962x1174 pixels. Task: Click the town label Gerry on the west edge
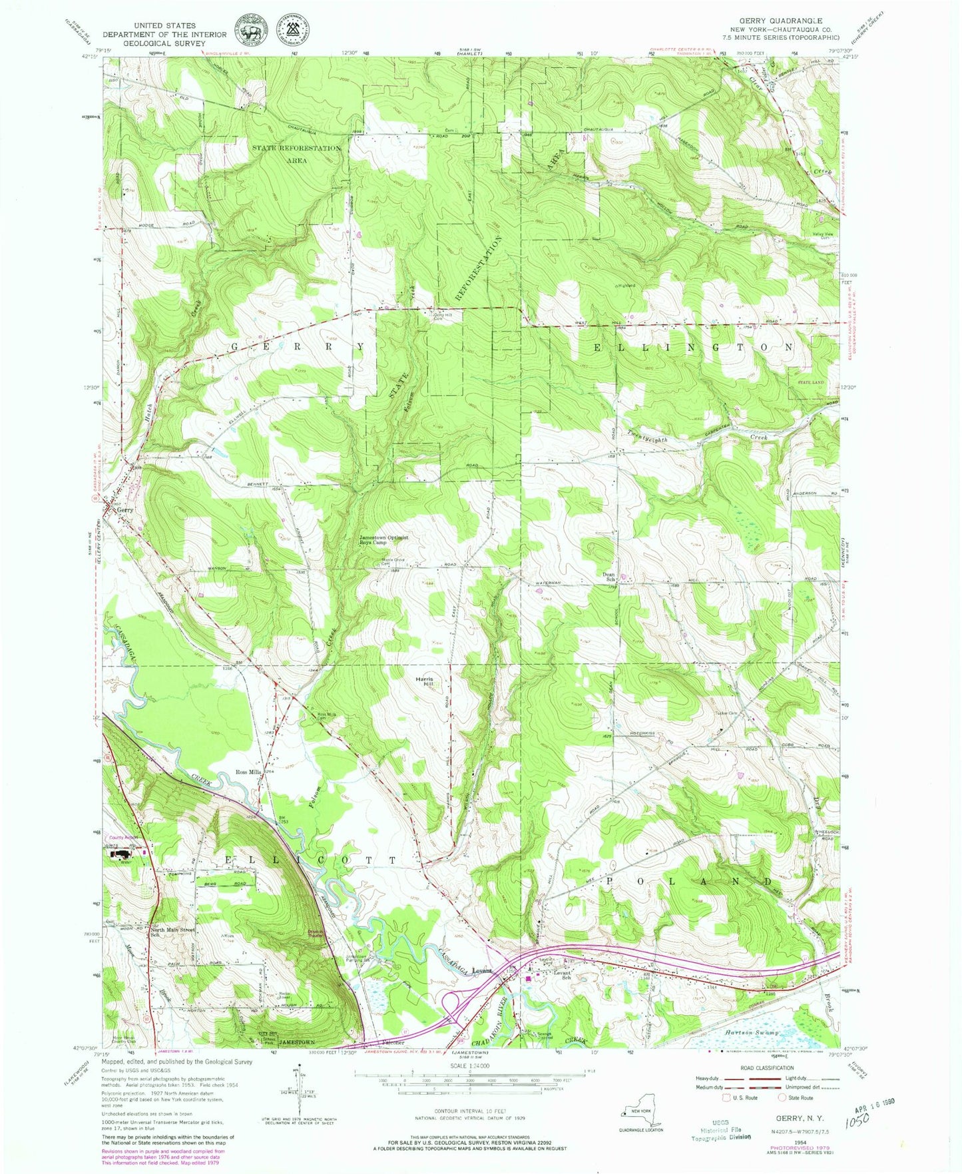(x=125, y=509)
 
